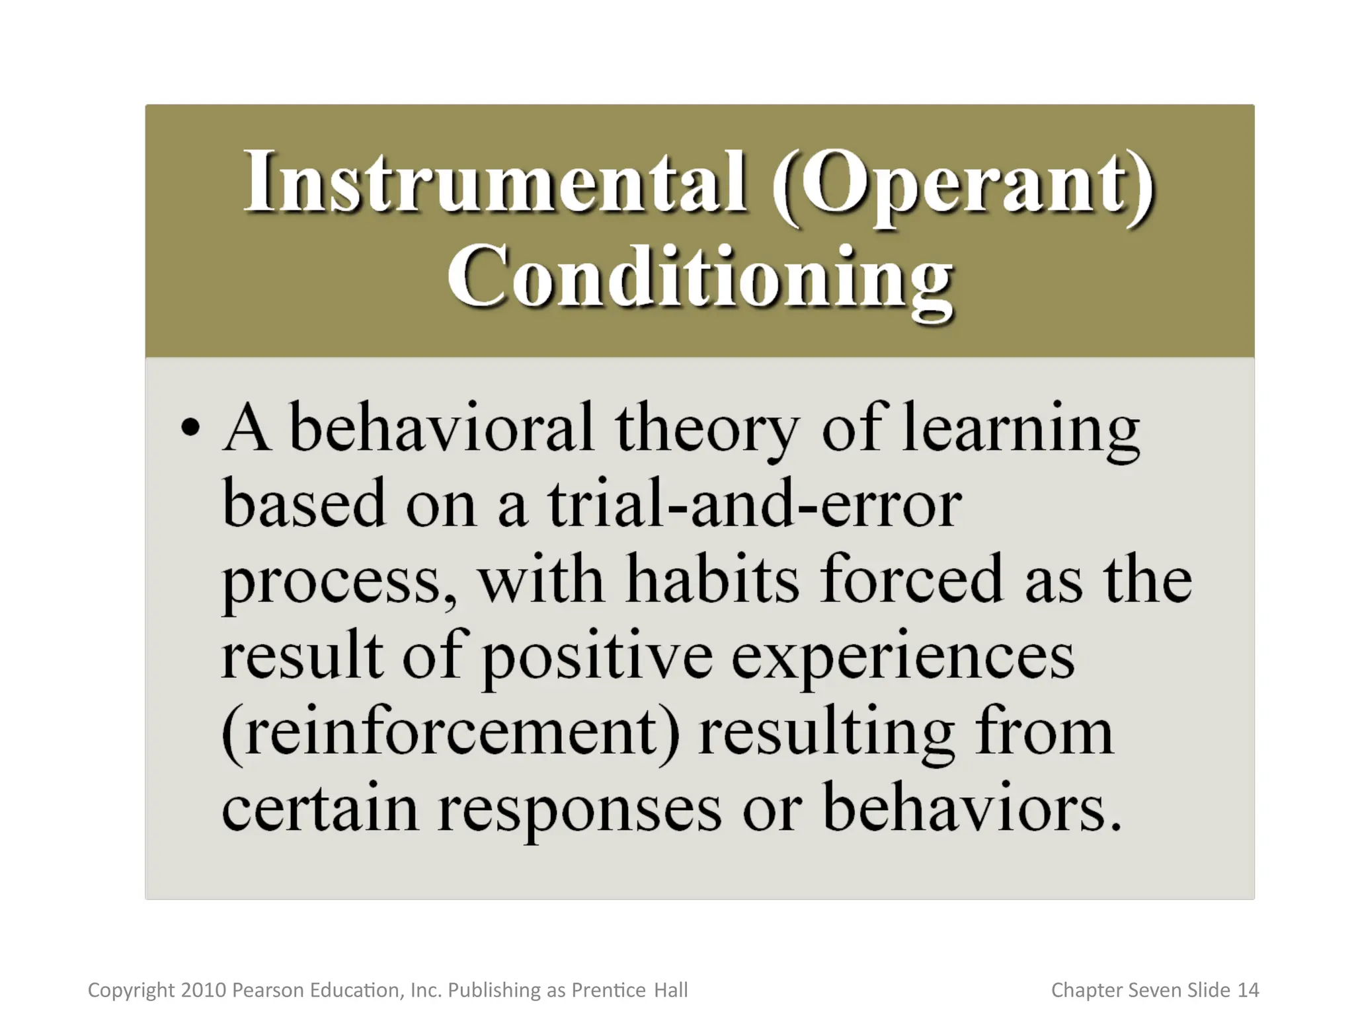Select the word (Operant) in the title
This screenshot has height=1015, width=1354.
pyautogui.click(x=962, y=183)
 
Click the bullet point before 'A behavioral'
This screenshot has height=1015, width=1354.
pyautogui.click(x=190, y=428)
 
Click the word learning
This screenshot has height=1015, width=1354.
pyautogui.click(x=1021, y=430)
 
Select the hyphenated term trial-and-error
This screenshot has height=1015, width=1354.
pyautogui.click(x=754, y=504)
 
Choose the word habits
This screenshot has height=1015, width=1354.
pyautogui.click(x=712, y=580)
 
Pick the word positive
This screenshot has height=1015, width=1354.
pyautogui.click(x=597, y=658)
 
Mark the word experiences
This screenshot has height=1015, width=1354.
pyautogui.click(x=902, y=658)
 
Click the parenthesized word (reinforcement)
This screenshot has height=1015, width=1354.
pyautogui.click(x=450, y=733)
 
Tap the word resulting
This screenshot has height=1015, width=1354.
pyautogui.click(x=826, y=734)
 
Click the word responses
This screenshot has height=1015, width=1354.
pyautogui.click(x=579, y=812)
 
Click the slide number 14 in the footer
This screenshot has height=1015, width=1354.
pyautogui.click(x=1248, y=990)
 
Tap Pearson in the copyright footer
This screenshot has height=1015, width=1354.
pyautogui.click(x=268, y=990)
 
